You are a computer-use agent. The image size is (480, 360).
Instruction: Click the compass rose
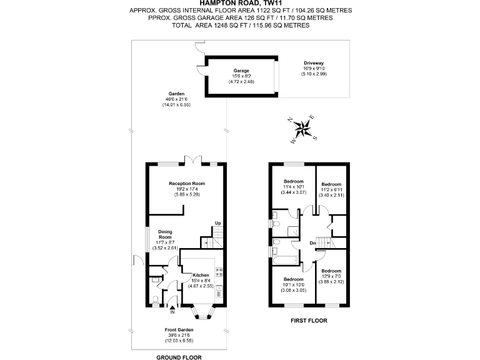pos(303,130)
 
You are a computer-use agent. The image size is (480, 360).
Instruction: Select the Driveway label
pos(314,63)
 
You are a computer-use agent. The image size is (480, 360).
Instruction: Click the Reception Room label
pos(187,183)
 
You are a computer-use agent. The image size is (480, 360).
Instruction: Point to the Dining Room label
pos(164,234)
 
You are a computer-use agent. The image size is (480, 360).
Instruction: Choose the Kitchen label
pos(201,275)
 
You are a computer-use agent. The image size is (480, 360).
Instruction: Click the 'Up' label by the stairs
pos(217,223)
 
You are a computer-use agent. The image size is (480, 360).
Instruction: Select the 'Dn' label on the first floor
pos(312,243)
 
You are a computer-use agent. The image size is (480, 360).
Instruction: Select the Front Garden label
pos(180,329)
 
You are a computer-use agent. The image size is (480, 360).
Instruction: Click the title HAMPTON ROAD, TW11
pos(240,3)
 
